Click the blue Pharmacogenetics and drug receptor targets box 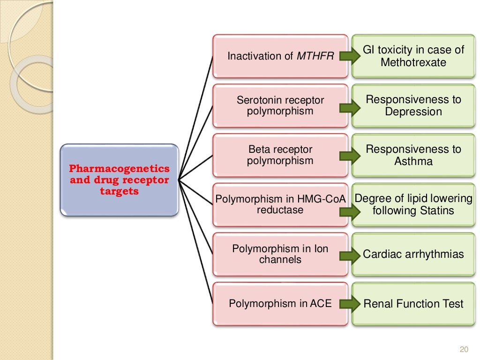120,180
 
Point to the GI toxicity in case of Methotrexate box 413,56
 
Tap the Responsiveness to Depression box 413,106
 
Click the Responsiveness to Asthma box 413,155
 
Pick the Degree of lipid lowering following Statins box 413,205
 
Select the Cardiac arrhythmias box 413,254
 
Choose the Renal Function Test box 413,304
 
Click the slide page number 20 464,350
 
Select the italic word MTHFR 315,56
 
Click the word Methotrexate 413,62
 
